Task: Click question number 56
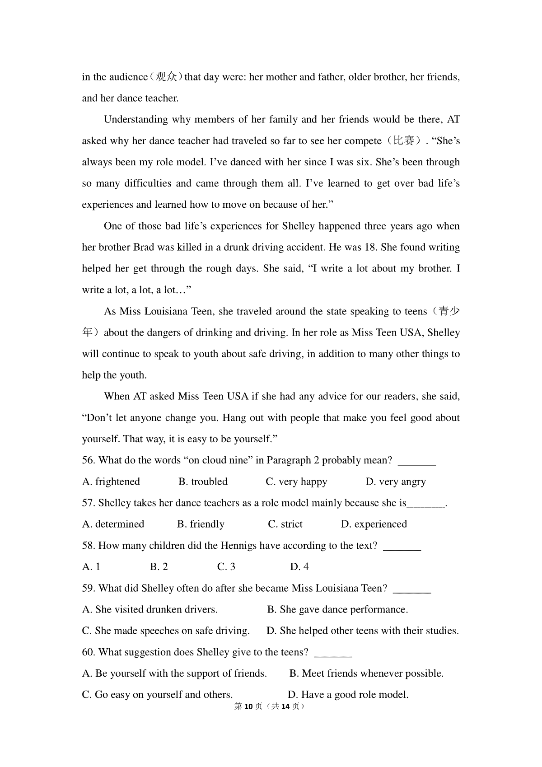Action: coord(89,460)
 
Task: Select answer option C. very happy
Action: coord(296,482)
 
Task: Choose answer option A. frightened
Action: coord(111,482)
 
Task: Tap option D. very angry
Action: coord(396,482)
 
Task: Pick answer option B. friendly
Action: coord(201,524)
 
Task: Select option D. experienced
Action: coord(374,524)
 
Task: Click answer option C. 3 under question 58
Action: coord(226,566)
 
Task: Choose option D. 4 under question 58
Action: coord(299,566)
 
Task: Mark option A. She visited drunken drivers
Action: coord(150,609)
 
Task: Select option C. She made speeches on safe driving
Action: coord(166,631)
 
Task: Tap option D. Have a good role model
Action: coord(348,694)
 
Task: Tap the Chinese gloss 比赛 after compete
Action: coord(404,141)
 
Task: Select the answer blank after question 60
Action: coord(333,653)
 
